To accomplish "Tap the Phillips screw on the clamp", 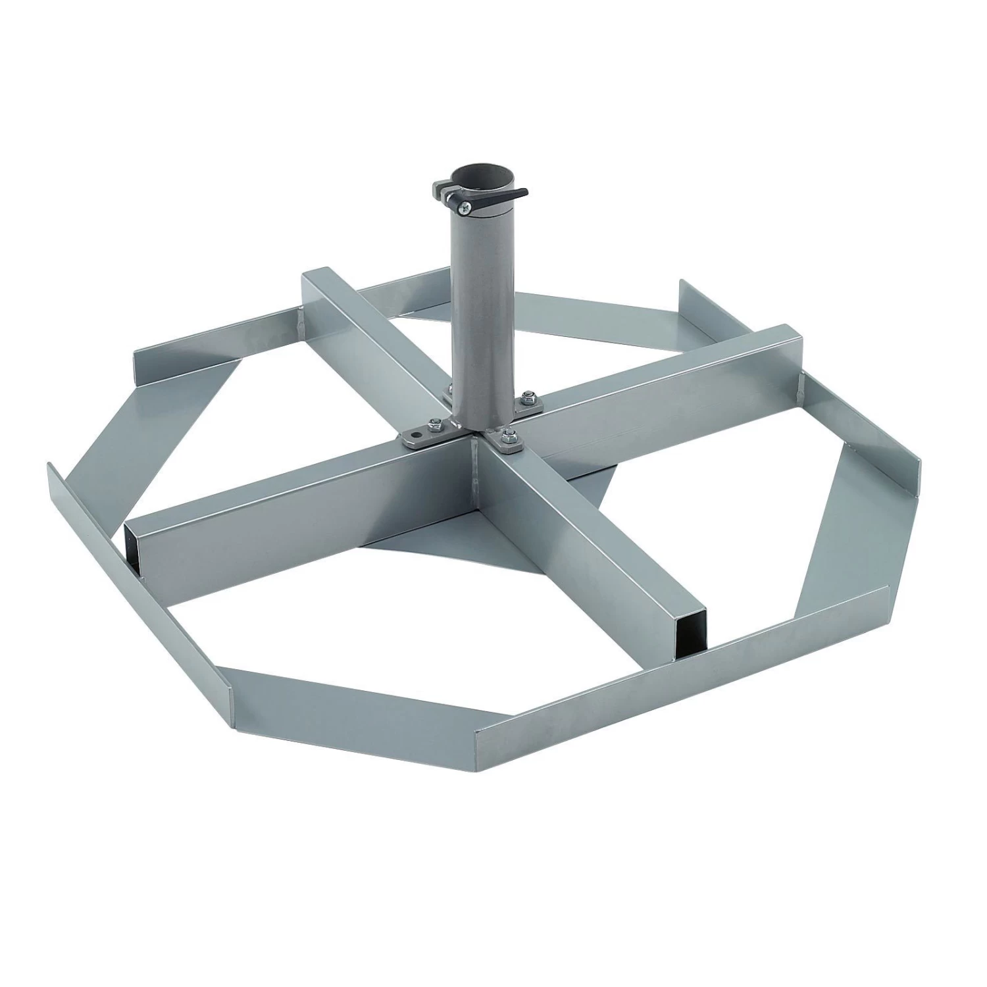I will [465, 208].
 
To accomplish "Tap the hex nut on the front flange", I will [508, 438].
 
